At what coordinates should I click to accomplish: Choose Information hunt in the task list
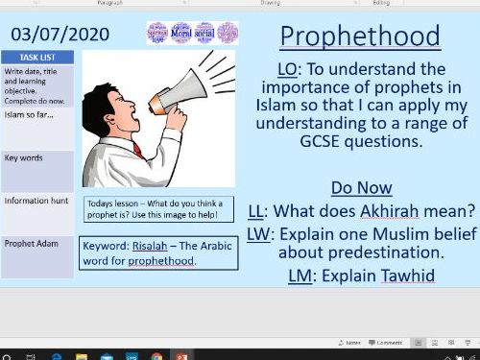(x=36, y=201)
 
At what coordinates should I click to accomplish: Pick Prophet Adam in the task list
(x=33, y=244)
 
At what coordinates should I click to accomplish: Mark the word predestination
(x=367, y=253)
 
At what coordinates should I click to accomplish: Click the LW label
(x=257, y=232)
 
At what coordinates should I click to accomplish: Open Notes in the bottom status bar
(x=351, y=342)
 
